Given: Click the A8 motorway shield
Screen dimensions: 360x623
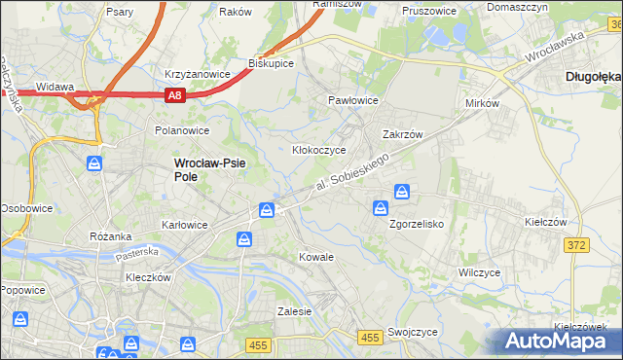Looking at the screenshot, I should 174,94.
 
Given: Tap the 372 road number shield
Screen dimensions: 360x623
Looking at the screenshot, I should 576,244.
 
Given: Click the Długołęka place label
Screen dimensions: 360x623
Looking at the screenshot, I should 594,75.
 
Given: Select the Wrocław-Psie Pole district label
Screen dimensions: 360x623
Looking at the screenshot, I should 208,170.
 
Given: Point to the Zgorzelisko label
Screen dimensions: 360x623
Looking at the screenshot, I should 417,224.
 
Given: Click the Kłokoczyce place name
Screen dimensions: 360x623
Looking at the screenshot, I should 320,151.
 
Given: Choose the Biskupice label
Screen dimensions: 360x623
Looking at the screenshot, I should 272,63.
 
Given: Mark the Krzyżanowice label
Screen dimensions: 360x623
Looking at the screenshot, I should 197,74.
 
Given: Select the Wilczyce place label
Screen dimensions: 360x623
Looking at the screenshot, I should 479,272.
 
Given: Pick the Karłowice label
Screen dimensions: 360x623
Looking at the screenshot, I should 184,225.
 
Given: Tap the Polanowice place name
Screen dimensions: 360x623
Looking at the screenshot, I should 183,129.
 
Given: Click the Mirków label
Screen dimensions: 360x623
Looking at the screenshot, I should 483,102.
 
